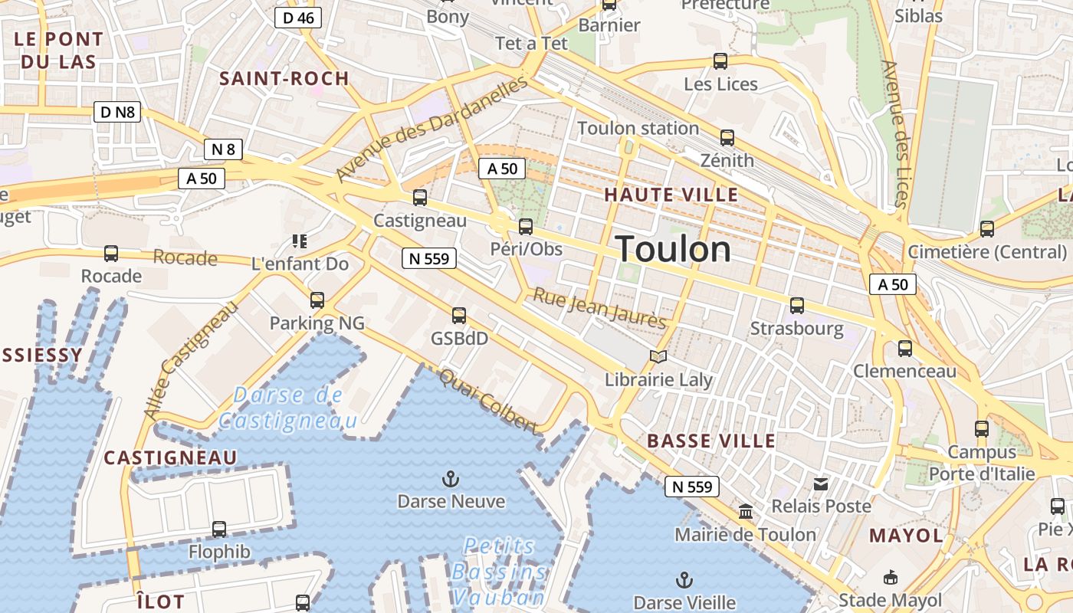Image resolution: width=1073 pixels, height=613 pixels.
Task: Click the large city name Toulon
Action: (x=673, y=250)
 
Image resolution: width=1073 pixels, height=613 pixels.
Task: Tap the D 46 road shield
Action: (x=297, y=18)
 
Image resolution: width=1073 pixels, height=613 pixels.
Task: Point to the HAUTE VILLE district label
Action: (x=671, y=195)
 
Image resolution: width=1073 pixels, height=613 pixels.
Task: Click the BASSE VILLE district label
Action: (x=711, y=441)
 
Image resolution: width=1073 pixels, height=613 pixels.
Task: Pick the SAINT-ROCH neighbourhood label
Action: (x=284, y=78)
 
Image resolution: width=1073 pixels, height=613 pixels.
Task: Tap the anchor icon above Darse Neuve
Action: (x=451, y=480)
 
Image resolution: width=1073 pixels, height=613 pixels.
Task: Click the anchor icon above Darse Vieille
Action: (x=684, y=580)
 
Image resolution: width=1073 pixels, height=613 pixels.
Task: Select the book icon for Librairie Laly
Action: (x=658, y=356)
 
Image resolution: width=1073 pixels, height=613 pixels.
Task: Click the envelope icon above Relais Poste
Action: (x=821, y=484)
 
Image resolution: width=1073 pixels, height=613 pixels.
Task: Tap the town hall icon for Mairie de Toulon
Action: (x=745, y=511)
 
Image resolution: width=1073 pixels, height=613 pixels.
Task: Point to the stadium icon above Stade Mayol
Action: (x=890, y=577)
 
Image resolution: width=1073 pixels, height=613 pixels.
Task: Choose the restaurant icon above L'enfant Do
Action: (x=300, y=241)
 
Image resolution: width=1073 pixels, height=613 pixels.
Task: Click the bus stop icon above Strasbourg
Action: (x=797, y=306)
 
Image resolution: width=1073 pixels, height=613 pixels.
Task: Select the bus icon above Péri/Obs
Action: (x=526, y=226)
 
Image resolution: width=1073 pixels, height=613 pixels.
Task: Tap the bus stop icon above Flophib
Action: (x=219, y=529)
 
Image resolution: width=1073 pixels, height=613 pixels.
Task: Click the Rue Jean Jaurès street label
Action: (x=599, y=307)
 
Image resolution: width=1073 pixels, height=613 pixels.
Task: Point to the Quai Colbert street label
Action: (x=487, y=401)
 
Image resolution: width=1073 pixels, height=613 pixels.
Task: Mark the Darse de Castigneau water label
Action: (x=288, y=408)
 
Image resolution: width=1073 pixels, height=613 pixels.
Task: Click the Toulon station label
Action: (x=638, y=128)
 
